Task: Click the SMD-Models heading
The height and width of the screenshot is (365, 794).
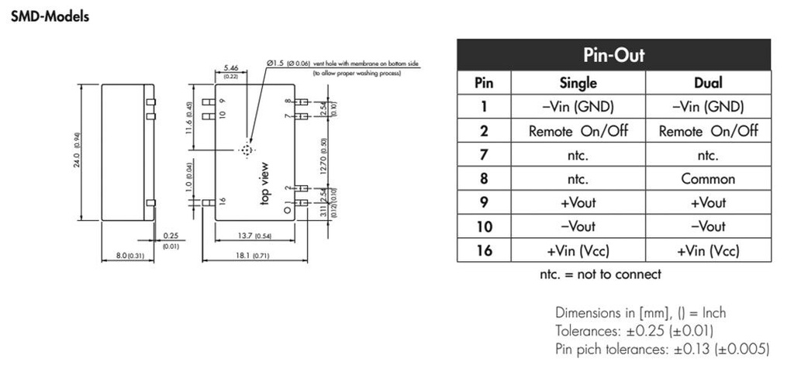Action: click(x=50, y=17)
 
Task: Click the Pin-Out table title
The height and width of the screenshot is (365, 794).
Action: click(x=613, y=55)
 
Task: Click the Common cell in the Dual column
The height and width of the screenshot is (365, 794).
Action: click(x=708, y=179)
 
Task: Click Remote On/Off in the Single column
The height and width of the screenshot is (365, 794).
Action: click(x=578, y=131)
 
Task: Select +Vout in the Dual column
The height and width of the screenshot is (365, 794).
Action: click(x=708, y=203)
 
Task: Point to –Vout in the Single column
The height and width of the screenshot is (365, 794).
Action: click(x=578, y=226)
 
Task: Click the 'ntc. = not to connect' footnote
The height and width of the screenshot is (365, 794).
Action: click(x=600, y=274)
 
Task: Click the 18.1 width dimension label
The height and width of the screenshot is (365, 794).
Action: click(x=247, y=255)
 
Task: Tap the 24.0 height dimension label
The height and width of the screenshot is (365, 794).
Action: click(x=78, y=151)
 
